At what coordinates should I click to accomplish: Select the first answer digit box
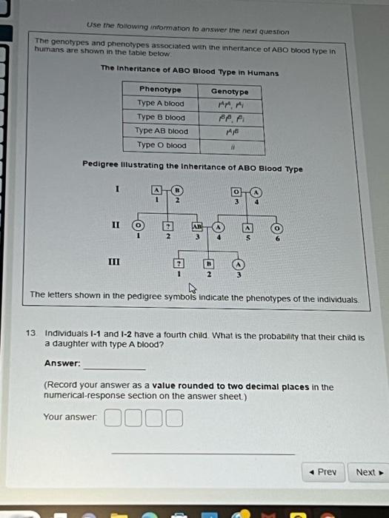point(113,420)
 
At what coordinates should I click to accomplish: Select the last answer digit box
point(174,420)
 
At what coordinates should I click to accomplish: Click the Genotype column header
point(230,91)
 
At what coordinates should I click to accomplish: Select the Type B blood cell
point(161,117)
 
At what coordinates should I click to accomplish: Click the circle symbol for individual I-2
point(178,190)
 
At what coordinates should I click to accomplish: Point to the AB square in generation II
point(198,226)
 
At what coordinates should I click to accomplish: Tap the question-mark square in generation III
point(178,263)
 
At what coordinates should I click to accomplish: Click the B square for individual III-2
point(209,263)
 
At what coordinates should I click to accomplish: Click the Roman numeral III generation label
point(114,261)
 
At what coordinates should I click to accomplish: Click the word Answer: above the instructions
point(62,363)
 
